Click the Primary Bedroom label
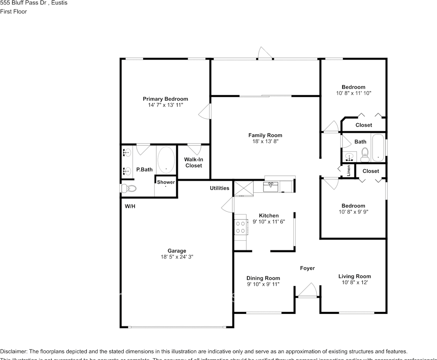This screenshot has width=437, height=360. click(165, 99)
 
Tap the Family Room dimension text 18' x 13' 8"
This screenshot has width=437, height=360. click(265, 141)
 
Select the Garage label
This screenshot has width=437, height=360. click(177, 251)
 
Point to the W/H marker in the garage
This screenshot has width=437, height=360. click(130, 206)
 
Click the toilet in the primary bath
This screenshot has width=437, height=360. click(128, 188)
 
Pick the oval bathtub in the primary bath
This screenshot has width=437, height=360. click(166, 160)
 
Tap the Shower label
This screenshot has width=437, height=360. click(166, 182)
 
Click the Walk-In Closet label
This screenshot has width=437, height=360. click(193, 162)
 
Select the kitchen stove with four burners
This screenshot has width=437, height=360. click(240, 227)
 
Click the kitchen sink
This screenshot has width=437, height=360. click(271, 186)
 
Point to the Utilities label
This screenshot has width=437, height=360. click(219, 188)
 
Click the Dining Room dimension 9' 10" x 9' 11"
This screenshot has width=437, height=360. click(263, 284)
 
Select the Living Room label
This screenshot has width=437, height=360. click(355, 276)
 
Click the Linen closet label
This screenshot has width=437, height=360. click(349, 171)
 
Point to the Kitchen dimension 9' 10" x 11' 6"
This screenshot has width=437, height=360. click(269, 222)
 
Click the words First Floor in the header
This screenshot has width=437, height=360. click(13, 11)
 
